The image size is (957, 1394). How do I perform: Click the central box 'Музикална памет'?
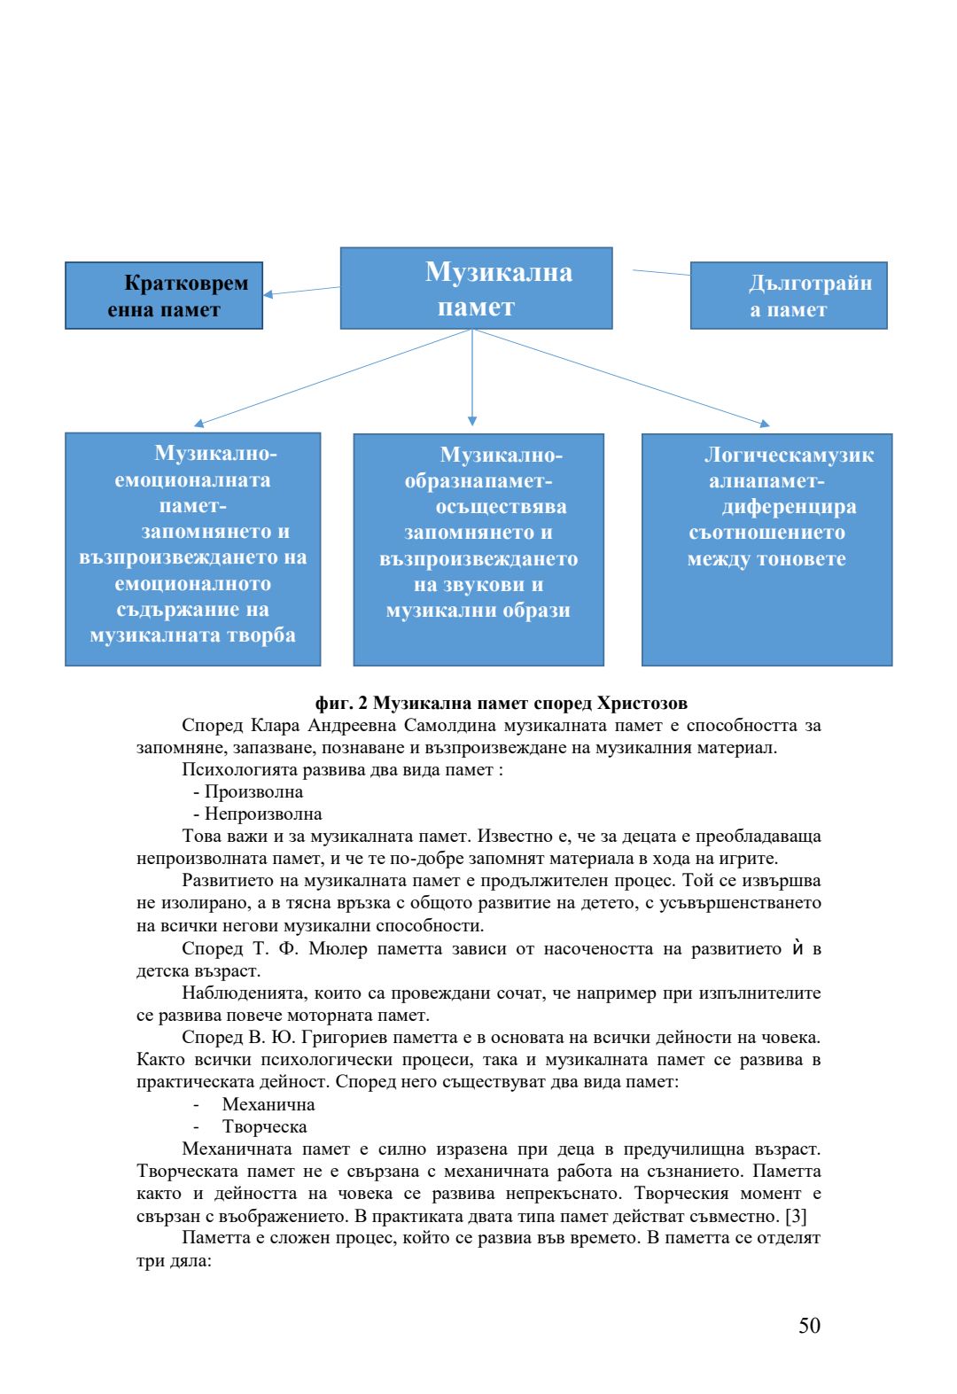click(x=476, y=288)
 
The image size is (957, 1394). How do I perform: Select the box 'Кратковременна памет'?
click(x=164, y=296)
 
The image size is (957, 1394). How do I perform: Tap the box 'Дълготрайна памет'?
click(x=789, y=296)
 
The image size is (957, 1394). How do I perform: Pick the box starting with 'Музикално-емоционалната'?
click(x=192, y=549)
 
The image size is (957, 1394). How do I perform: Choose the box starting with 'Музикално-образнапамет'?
click(x=478, y=549)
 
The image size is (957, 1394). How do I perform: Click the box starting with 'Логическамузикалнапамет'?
click(x=766, y=549)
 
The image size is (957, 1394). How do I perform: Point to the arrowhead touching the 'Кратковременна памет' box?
click(x=268, y=294)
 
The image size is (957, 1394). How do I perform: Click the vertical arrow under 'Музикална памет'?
click(x=472, y=377)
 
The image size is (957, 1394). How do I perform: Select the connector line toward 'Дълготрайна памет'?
click(x=661, y=273)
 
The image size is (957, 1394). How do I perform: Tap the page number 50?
click(x=809, y=1326)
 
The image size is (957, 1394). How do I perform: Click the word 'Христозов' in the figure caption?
click(x=642, y=704)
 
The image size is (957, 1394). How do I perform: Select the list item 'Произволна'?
click(x=253, y=792)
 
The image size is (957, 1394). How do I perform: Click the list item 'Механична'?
click(x=268, y=1105)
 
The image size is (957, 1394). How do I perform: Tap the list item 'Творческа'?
click(x=265, y=1127)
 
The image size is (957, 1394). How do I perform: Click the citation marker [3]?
click(x=796, y=1216)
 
